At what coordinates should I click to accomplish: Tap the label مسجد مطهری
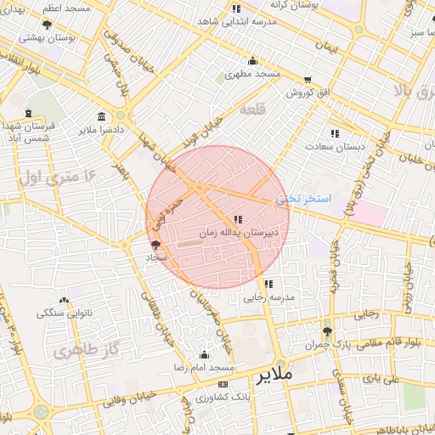(x=253, y=74)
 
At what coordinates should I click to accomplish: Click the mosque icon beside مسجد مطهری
(x=252, y=60)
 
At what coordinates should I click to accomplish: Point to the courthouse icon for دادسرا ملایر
(x=102, y=116)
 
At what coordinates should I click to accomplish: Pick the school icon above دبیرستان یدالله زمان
(x=237, y=219)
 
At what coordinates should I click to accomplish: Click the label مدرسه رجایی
(x=268, y=297)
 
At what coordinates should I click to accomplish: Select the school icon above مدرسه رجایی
(x=268, y=285)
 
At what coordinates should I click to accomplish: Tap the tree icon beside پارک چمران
(x=327, y=332)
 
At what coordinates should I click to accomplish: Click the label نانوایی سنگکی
(x=64, y=313)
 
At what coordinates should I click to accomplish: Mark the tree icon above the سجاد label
(x=155, y=245)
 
